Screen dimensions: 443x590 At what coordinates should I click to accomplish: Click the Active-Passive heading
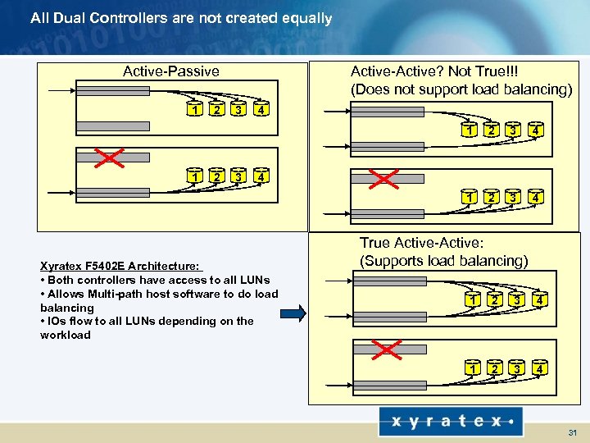(170, 71)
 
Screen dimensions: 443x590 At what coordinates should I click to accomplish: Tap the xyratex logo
(447, 421)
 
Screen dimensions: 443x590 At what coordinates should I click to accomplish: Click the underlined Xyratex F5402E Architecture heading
(120, 266)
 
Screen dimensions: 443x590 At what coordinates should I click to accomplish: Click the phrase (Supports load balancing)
(443, 261)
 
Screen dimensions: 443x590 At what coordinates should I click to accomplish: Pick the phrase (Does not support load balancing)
(461, 89)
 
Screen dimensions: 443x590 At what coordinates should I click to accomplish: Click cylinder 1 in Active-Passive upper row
(194, 108)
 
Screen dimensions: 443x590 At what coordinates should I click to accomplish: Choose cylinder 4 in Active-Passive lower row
(259, 175)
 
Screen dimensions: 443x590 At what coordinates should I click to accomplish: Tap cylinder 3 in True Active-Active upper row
(515, 300)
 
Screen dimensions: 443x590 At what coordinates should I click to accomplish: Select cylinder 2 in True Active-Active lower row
(493, 368)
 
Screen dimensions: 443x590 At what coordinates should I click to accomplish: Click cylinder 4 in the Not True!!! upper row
(534, 129)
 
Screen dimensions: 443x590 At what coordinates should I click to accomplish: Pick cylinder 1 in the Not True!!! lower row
(469, 197)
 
